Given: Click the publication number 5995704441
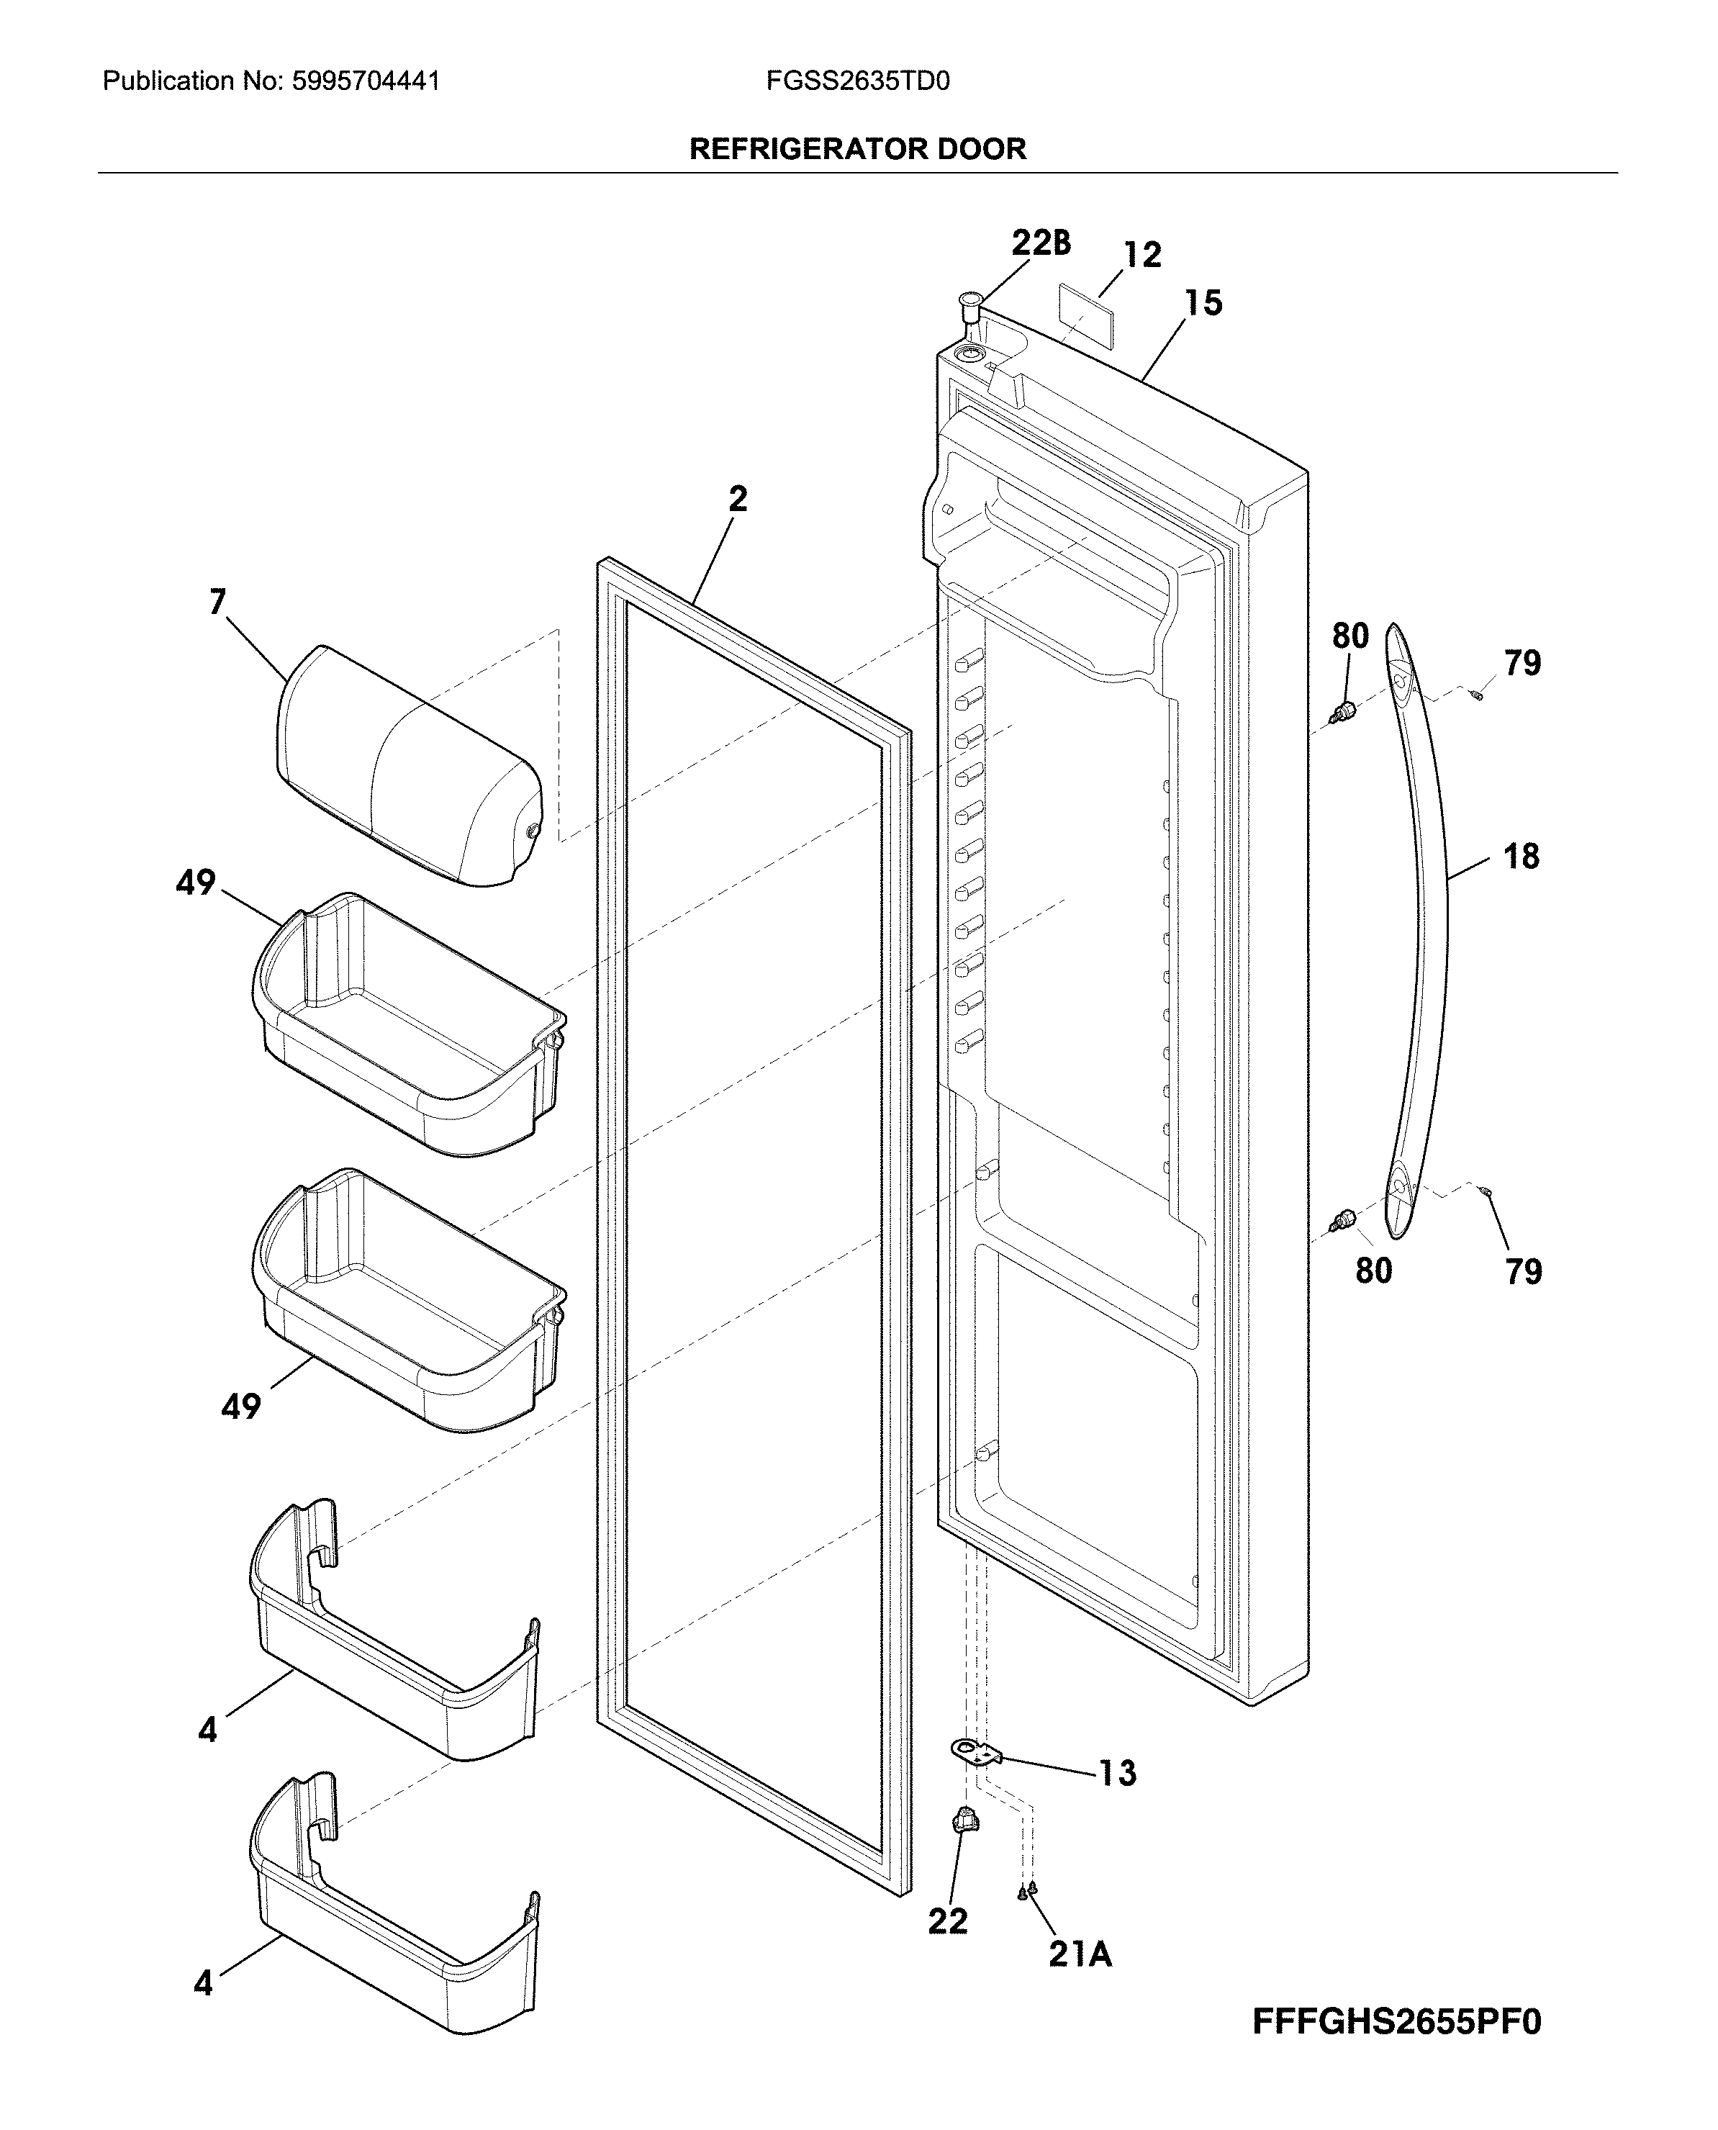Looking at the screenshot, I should pyautogui.click(x=366, y=81).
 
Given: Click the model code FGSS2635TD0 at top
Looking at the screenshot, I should pyautogui.click(x=857, y=81).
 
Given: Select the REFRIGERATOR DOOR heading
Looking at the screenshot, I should pyautogui.click(x=857, y=150).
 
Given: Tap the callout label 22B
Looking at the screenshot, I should pyautogui.click(x=1040, y=243).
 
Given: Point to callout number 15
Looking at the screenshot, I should pyautogui.click(x=1203, y=303).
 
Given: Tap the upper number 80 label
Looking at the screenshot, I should pyautogui.click(x=1350, y=636).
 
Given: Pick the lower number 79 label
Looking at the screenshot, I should pyautogui.click(x=1523, y=1271).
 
